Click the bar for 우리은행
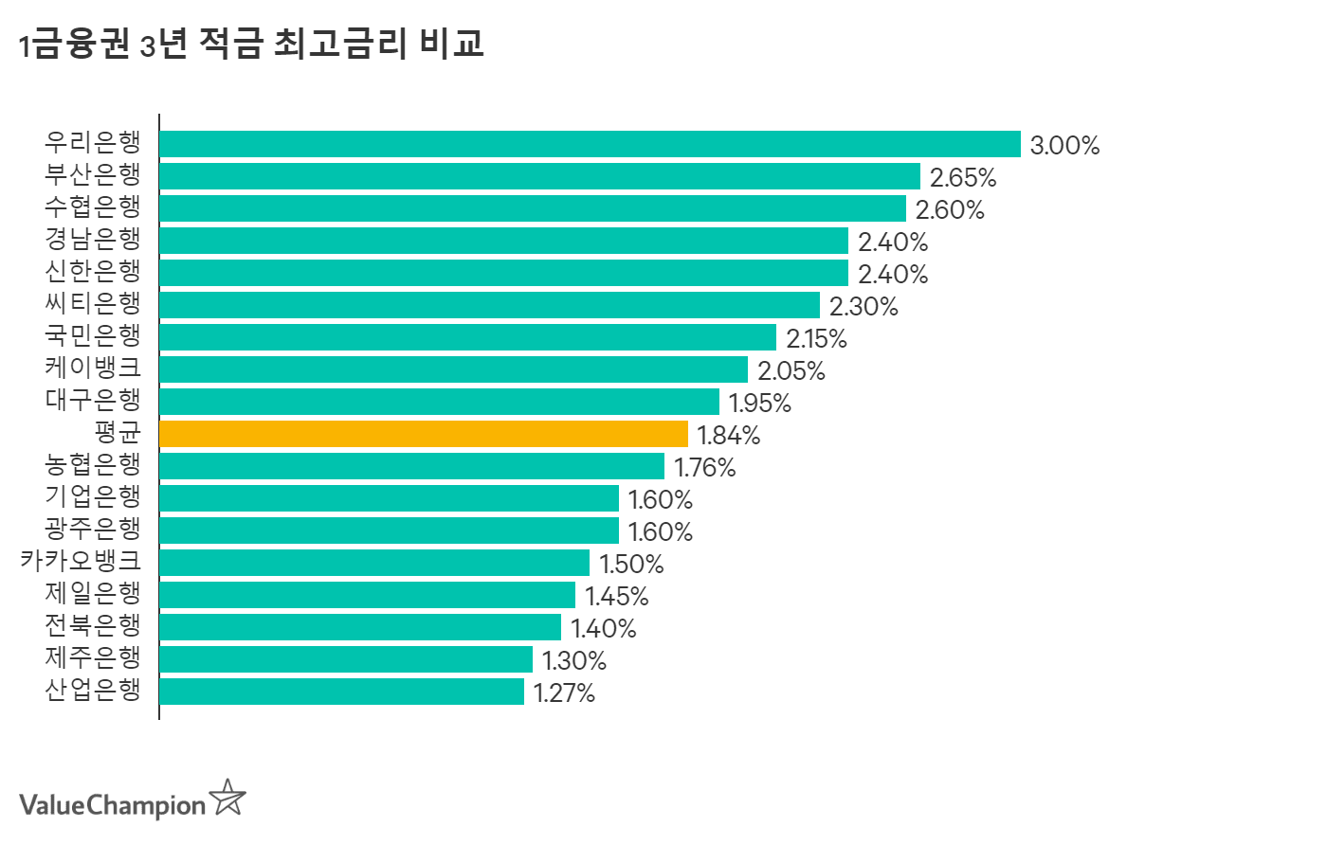click(x=590, y=144)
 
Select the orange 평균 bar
click(x=424, y=434)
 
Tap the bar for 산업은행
click(x=341, y=692)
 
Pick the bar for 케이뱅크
click(x=453, y=369)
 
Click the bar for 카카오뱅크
click(x=374, y=563)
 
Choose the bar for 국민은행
click(x=467, y=337)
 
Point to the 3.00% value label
click(x=1064, y=146)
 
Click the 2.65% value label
click(x=963, y=178)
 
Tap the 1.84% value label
click(x=729, y=436)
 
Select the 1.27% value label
click(x=564, y=693)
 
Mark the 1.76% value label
click(x=705, y=468)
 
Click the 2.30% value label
click(x=863, y=307)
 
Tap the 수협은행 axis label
click(x=93, y=207)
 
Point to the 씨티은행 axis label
click(x=93, y=304)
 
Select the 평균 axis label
click(x=118, y=433)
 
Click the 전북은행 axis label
click(x=93, y=626)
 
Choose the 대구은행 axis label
click(x=93, y=401)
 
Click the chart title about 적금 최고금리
click(x=252, y=44)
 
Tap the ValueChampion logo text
click(x=112, y=805)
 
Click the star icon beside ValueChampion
click(x=227, y=799)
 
